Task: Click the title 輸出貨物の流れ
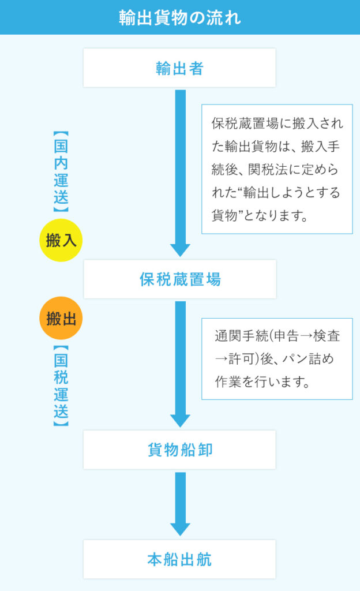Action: [x=180, y=17]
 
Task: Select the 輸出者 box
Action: [x=180, y=68]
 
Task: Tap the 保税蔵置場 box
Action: [x=180, y=279]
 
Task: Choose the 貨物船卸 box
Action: [x=180, y=450]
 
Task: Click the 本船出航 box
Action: [x=180, y=559]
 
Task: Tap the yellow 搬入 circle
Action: [x=61, y=240]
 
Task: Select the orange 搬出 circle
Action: [x=61, y=318]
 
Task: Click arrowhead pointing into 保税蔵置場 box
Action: [x=180, y=249]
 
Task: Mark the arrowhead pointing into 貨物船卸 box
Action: [x=180, y=420]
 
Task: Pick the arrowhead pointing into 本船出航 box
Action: [x=180, y=529]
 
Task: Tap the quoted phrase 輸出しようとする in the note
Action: [x=294, y=192]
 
